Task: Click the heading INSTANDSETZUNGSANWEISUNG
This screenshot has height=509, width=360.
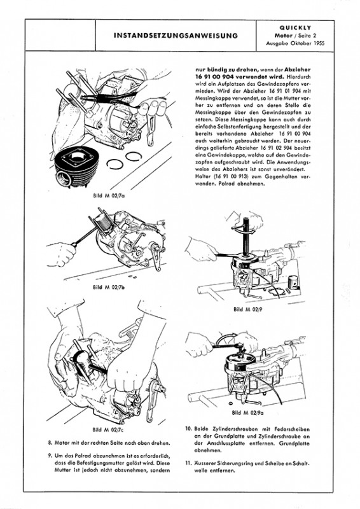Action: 176,36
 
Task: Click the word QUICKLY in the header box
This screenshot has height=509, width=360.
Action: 295,28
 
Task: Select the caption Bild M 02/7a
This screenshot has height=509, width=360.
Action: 108,196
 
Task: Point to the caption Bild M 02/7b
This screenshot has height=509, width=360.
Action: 108,287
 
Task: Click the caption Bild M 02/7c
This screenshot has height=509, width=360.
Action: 108,430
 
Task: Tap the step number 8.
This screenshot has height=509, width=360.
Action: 50,443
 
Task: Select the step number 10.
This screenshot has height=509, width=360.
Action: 188,428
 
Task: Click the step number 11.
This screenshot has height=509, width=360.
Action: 188,463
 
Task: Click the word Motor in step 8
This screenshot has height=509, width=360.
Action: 62,443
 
